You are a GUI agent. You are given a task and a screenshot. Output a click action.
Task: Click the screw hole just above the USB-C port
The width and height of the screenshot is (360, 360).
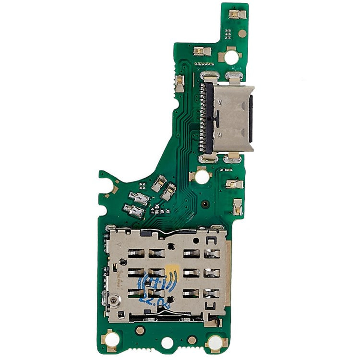[231, 58]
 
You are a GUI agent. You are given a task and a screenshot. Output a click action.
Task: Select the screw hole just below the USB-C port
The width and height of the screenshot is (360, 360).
[202, 177]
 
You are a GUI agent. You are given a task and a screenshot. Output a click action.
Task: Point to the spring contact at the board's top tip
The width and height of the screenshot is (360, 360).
[236, 14]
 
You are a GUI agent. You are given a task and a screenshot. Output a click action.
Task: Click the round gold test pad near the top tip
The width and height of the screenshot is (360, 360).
[243, 34]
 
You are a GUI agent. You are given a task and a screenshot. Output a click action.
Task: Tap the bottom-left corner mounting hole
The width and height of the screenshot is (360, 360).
[111, 340]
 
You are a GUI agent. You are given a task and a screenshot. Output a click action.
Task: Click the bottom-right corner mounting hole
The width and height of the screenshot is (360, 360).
[216, 342]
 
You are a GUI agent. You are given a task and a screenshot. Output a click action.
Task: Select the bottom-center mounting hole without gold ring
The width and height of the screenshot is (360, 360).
[167, 343]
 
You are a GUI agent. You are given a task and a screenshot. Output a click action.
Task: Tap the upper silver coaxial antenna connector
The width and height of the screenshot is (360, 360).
[140, 197]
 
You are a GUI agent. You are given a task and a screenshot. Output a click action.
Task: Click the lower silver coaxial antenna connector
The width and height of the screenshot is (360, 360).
[133, 210]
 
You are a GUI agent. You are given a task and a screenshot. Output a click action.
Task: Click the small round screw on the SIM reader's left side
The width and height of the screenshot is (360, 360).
[115, 301]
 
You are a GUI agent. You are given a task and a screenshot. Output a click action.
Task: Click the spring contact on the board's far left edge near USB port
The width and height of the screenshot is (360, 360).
[179, 83]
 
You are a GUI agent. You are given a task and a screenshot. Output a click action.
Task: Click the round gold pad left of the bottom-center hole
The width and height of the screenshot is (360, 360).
[140, 331]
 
